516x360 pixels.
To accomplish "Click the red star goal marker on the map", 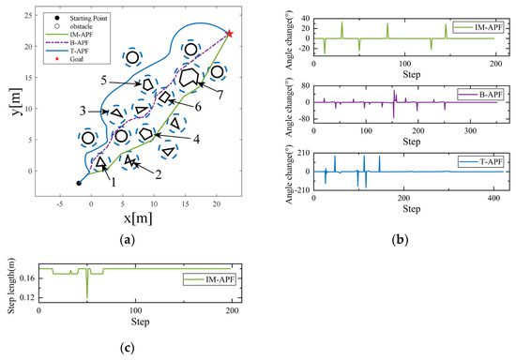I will point(230,34).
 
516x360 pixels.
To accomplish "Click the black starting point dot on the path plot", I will point(79,184).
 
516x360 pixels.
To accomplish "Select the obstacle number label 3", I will point(83,112).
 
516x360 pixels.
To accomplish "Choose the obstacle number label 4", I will point(195,139).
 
